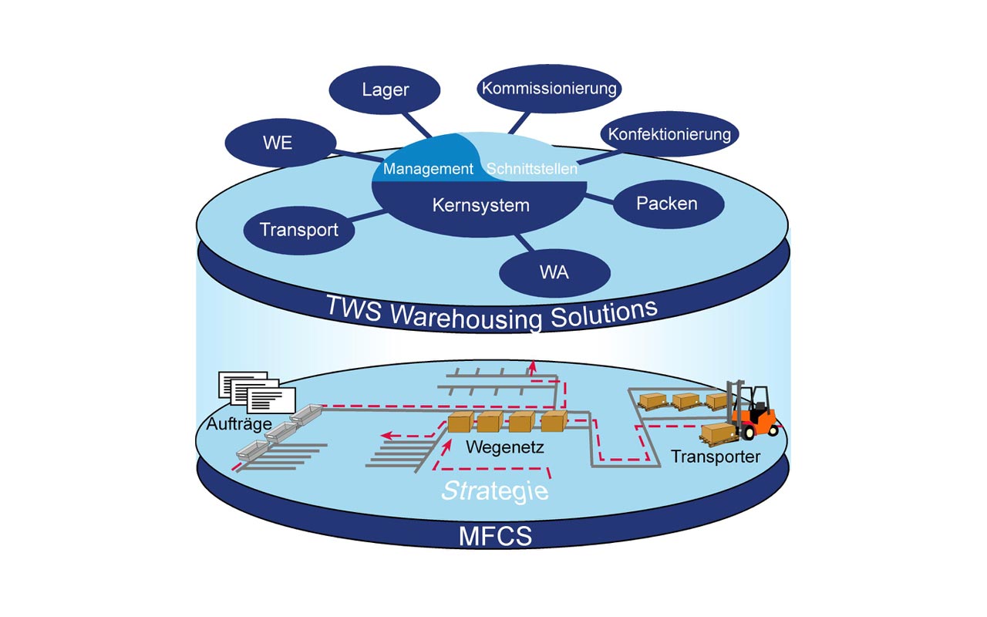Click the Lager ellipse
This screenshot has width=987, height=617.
pyautogui.click(x=385, y=90)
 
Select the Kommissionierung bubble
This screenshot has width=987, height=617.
pyautogui.click(x=549, y=88)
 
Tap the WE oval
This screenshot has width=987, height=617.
pyautogui.click(x=281, y=143)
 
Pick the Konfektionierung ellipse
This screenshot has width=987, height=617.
pyautogui.click(x=669, y=133)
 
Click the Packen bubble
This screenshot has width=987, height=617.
pyautogui.click(x=669, y=204)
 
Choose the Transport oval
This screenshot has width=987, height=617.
pyautogui.click(x=299, y=230)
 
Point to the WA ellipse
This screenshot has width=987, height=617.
pyautogui.click(x=554, y=273)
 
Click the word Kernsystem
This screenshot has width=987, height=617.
pyautogui.click(x=480, y=205)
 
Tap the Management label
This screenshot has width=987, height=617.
pyautogui.click(x=428, y=168)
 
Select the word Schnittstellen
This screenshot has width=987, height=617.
pyautogui.click(x=532, y=168)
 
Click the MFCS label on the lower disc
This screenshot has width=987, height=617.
pyautogui.click(x=495, y=536)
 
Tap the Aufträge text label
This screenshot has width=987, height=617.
pyautogui.click(x=239, y=424)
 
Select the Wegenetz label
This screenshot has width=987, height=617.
pyautogui.click(x=505, y=447)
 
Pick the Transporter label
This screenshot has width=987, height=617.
pyautogui.click(x=716, y=457)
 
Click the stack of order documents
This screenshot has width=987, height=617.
pyautogui.click(x=257, y=393)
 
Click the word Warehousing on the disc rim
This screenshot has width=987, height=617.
pyautogui.click(x=467, y=316)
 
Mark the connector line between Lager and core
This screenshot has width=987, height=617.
pyautogui.click(x=417, y=125)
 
